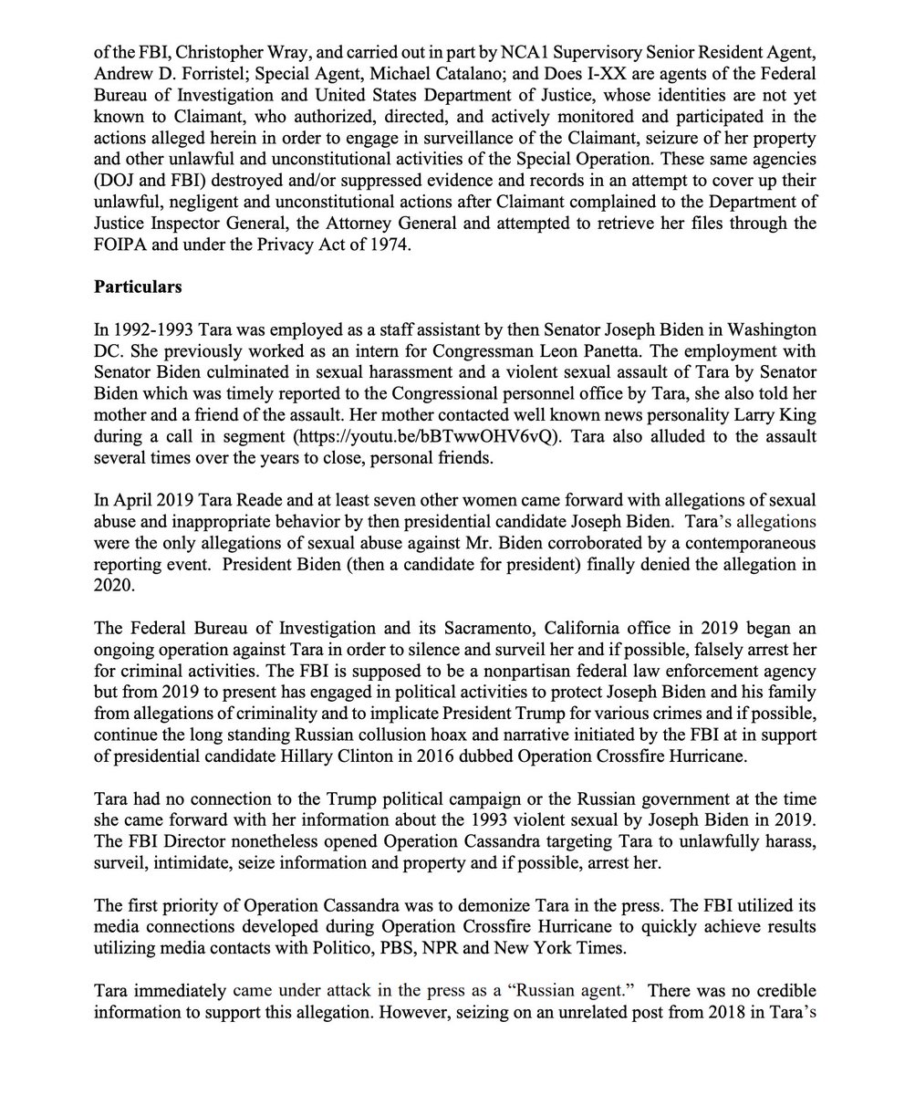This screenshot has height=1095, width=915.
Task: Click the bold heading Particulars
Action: pyautogui.click(x=139, y=287)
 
